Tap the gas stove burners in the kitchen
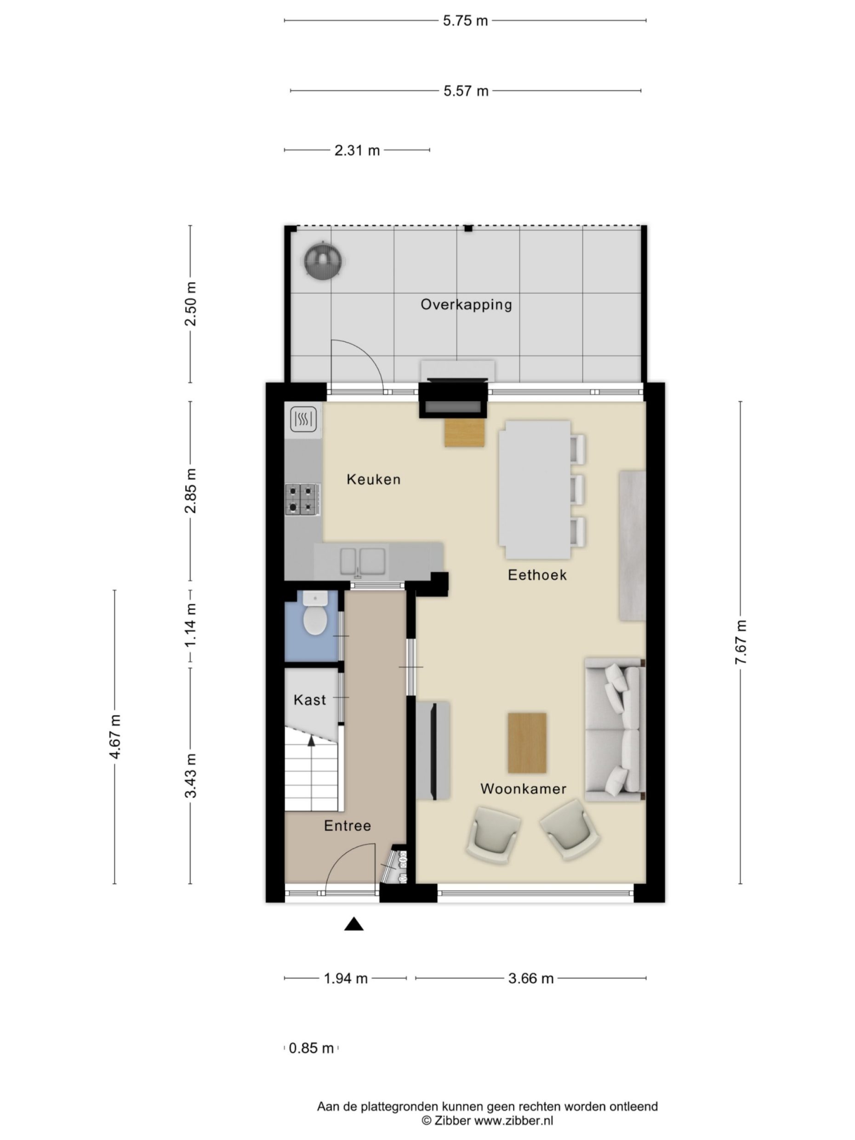[301, 498]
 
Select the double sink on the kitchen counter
[362, 561]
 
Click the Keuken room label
[373, 479]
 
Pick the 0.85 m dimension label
[311, 1048]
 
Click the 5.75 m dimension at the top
[465, 21]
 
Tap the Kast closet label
[310, 700]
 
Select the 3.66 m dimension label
[530, 978]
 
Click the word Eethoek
[536, 575]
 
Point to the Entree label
[347, 826]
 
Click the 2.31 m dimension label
[357, 150]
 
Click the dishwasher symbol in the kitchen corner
[302, 419]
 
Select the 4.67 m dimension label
[115, 736]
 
